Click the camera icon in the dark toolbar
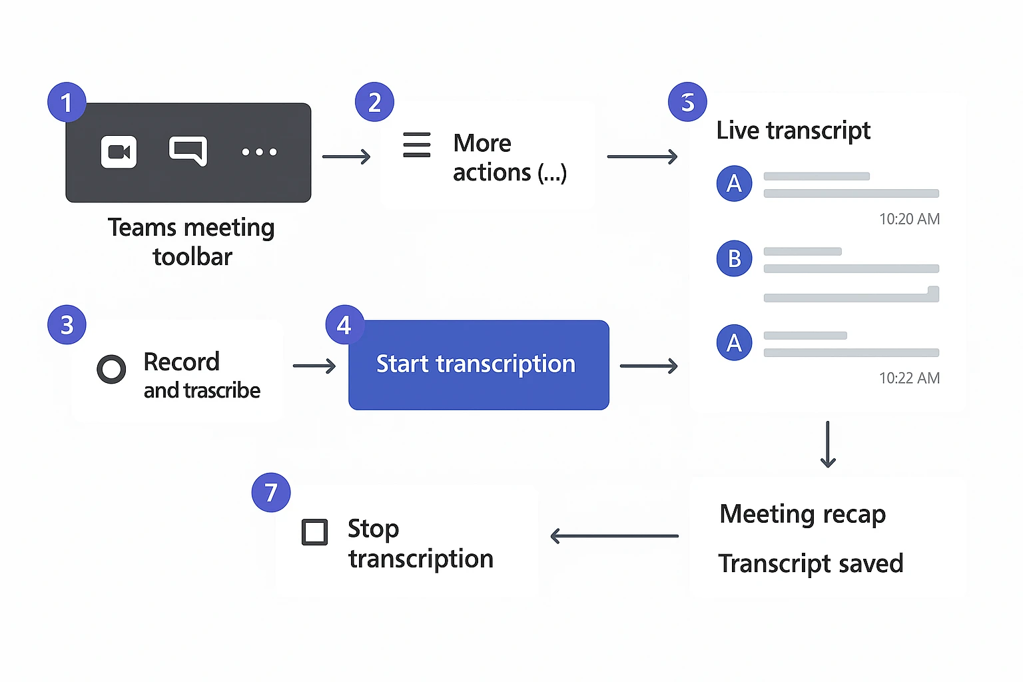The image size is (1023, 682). [x=119, y=152]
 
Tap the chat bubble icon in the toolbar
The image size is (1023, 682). [x=188, y=151]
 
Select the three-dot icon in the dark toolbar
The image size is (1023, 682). [x=259, y=152]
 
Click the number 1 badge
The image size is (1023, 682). [x=67, y=103]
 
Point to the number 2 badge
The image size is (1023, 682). [x=374, y=103]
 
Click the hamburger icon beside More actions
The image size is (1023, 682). [x=417, y=145]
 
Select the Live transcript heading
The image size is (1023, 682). [x=793, y=131]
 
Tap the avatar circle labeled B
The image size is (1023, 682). [x=734, y=258]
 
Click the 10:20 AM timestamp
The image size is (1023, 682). [x=909, y=219]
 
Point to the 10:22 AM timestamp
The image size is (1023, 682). [x=909, y=378]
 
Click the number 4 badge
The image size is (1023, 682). [x=344, y=325]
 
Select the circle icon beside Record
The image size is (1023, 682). [x=111, y=369]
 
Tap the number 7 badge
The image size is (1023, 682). [x=270, y=493]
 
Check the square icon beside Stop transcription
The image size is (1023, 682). [x=314, y=532]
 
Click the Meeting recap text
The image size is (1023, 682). [x=803, y=514]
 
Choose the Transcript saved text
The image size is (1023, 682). [x=811, y=563]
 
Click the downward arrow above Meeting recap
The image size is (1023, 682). [x=828, y=444]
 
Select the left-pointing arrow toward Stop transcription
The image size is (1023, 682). [x=614, y=535]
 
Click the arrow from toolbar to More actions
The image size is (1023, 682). [x=346, y=157]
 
